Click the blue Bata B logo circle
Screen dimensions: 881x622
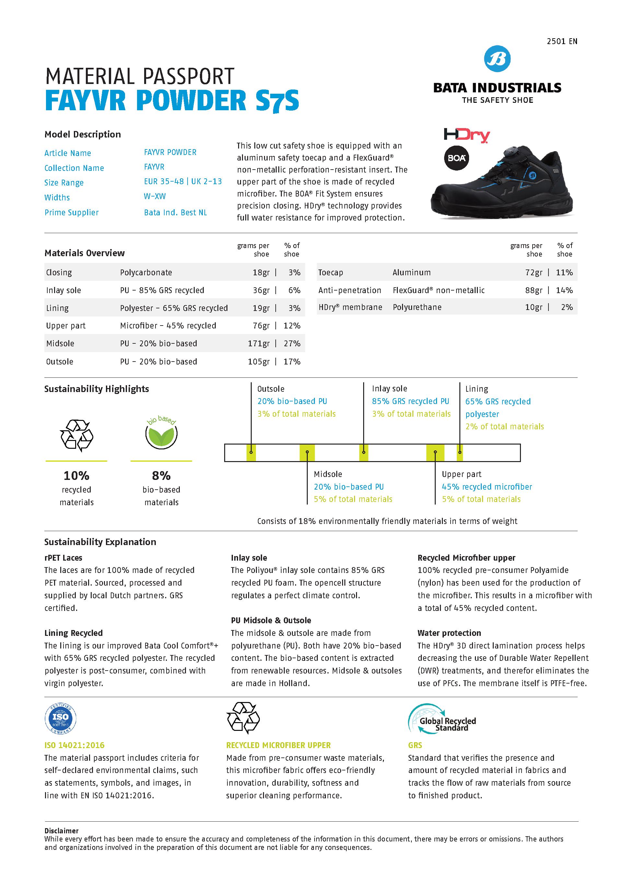497,59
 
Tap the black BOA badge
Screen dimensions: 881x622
456,158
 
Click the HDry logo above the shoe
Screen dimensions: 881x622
466,135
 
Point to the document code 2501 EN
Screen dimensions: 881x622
562,42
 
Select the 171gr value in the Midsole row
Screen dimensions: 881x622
259,343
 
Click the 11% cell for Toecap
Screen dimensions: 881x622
564,272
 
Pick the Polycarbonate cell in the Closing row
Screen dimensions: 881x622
146,272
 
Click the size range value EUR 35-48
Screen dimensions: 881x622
164,182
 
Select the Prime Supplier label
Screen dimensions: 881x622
71,213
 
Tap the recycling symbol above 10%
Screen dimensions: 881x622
77,435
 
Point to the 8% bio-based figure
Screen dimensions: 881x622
161,476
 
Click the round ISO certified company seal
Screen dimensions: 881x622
60,718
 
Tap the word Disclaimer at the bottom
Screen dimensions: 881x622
61,831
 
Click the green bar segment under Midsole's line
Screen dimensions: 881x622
307,453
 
